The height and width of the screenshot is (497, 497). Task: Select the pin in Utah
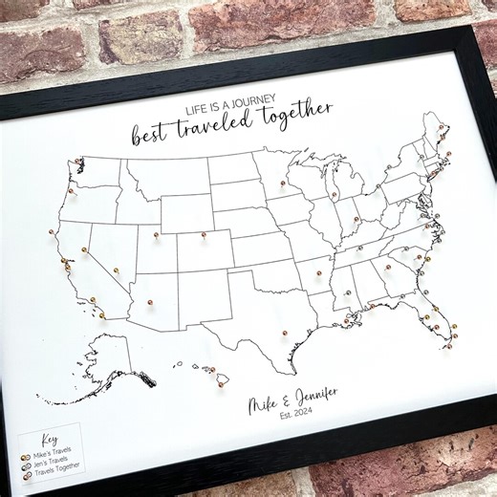pos(156,234)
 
